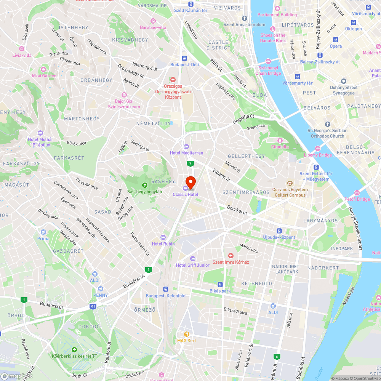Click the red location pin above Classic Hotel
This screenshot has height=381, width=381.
(190, 182)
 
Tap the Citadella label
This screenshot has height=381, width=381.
(280, 147)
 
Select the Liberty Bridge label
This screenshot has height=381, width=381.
(317, 155)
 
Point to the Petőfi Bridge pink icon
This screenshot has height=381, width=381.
(357, 193)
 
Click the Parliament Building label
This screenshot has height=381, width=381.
(277, 15)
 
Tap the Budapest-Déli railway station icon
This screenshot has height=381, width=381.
(184, 58)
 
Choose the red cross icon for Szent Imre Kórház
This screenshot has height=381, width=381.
(231, 255)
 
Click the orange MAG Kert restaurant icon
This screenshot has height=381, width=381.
(187, 334)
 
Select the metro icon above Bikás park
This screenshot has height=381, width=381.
(220, 284)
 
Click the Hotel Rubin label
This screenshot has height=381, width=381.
(163, 244)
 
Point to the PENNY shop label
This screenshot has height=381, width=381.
(100, 295)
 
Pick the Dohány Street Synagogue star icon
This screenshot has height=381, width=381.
(344, 81)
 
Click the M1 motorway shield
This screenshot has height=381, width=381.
(93, 306)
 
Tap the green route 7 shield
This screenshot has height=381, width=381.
(190, 163)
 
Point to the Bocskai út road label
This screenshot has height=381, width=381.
(237, 210)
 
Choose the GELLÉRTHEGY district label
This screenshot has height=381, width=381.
(246, 156)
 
